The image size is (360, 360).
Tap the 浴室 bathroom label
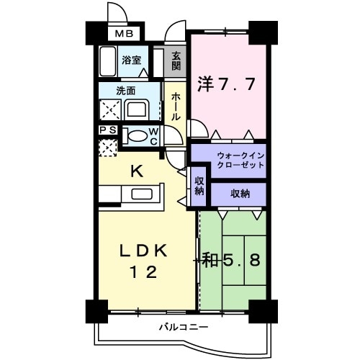pos(130,61)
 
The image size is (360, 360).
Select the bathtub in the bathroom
pos(109,62)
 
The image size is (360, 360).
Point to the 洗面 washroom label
pos(127,91)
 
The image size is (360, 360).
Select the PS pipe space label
pos(107,130)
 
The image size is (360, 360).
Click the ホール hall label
pos(176,107)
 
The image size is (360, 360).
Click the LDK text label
pos(143,251)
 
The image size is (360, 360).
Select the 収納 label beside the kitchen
pos(199,186)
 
